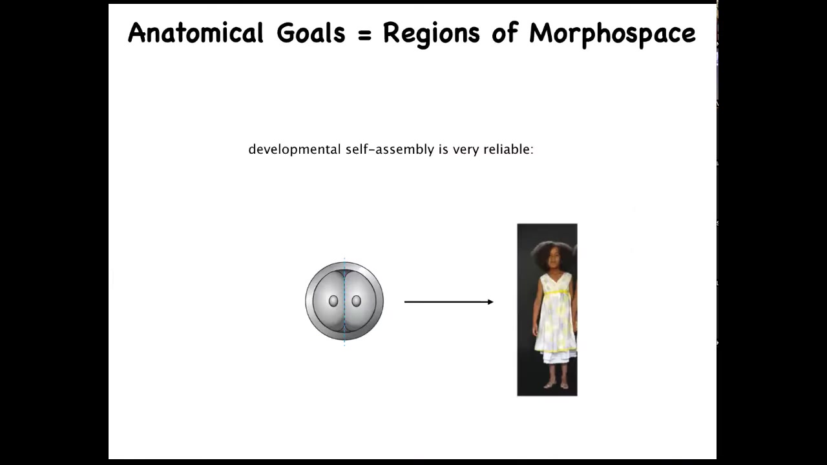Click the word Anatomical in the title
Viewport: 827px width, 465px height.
click(x=196, y=32)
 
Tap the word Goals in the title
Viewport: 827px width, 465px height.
click(x=311, y=32)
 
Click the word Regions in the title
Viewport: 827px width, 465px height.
click(x=432, y=34)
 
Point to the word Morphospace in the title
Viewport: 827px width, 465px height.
click(x=612, y=34)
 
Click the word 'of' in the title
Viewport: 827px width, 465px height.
click(x=505, y=32)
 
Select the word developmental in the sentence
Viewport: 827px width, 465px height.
click(x=294, y=150)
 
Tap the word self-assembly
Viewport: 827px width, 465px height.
click(x=390, y=150)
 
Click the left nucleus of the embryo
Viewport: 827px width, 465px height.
click(x=333, y=301)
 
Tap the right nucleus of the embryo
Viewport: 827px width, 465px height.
click(x=356, y=301)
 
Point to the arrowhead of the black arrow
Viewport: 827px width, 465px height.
click(x=490, y=302)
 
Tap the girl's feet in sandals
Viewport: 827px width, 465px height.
click(x=556, y=386)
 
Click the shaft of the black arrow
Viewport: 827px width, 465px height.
click(x=446, y=302)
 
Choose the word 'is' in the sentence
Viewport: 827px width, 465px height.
click(x=443, y=149)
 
